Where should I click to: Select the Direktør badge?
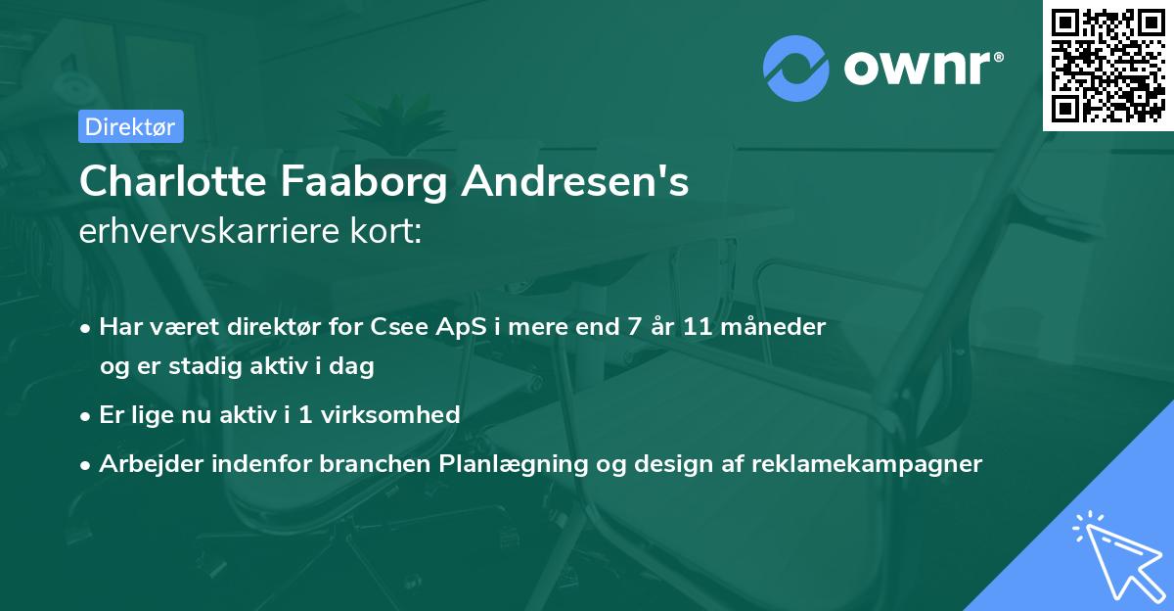[x=129, y=126]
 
